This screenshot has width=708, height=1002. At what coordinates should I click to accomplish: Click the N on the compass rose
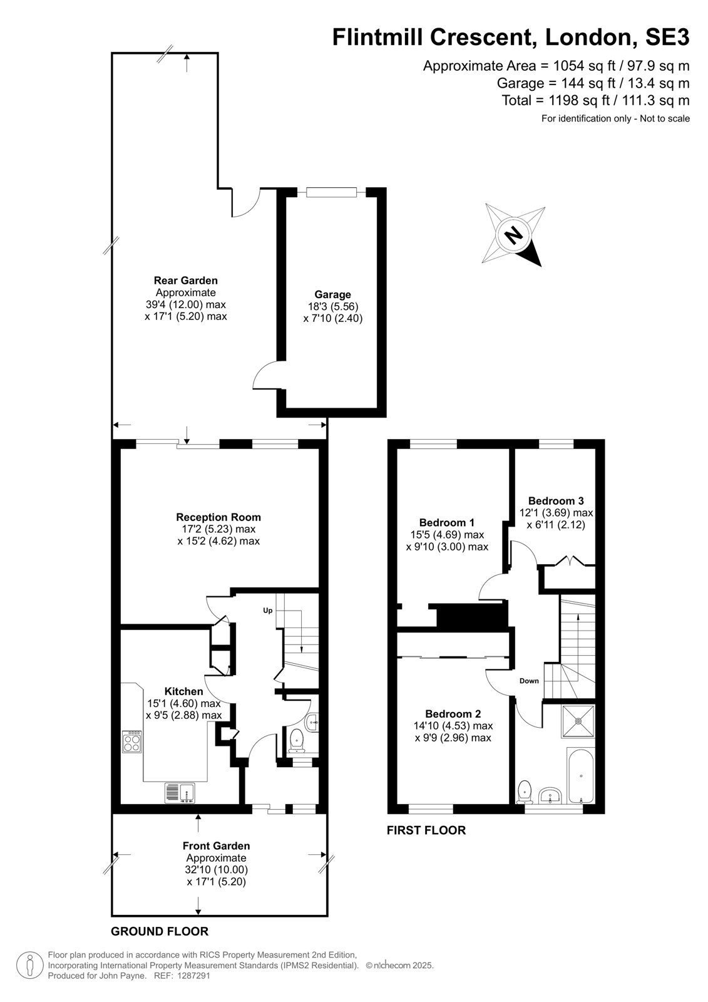[514, 234]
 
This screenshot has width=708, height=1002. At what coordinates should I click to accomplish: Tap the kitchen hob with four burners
[132, 742]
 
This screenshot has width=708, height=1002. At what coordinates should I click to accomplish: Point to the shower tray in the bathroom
[578, 721]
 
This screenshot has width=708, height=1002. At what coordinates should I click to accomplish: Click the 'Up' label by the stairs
[267, 611]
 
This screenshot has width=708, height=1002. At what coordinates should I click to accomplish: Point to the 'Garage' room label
[332, 294]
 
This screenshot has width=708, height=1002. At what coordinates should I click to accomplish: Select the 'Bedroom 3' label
[556, 500]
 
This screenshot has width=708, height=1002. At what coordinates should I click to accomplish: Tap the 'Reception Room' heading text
[218, 517]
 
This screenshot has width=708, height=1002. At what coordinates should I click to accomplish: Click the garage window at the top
[331, 192]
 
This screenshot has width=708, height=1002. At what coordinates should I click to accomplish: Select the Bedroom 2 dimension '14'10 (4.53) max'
[453, 726]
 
